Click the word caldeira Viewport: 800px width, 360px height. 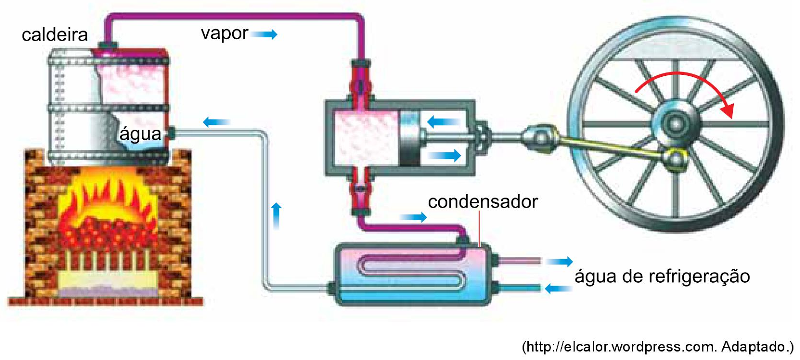(55, 35)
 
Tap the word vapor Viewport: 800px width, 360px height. (224, 33)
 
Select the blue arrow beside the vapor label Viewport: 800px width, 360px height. (264, 34)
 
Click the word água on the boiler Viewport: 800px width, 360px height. (140, 134)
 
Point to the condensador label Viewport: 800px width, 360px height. (483, 202)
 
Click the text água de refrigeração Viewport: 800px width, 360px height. (662, 276)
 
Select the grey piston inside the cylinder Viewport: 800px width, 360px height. (410, 138)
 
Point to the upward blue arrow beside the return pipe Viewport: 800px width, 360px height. (276, 215)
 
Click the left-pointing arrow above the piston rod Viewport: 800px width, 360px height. (443, 121)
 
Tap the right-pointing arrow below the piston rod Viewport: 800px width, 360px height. (445, 155)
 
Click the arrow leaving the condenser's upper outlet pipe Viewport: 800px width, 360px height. (559, 261)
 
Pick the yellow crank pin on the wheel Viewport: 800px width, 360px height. (676, 159)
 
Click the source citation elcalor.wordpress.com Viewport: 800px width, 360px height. (658, 347)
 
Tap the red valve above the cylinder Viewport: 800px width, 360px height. (360, 85)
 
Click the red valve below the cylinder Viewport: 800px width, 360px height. (360, 190)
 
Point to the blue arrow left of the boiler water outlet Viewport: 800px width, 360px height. (216, 122)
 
